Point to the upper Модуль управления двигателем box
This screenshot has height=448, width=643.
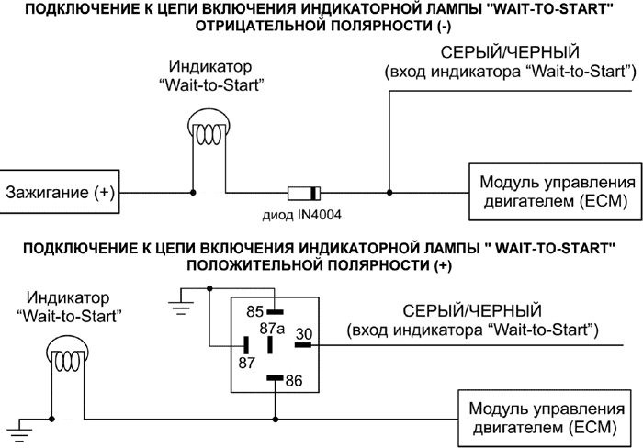coord(548,193)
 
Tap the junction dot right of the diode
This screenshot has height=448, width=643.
coord(389,193)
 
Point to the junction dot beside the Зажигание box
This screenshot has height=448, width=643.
coord(192,193)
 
